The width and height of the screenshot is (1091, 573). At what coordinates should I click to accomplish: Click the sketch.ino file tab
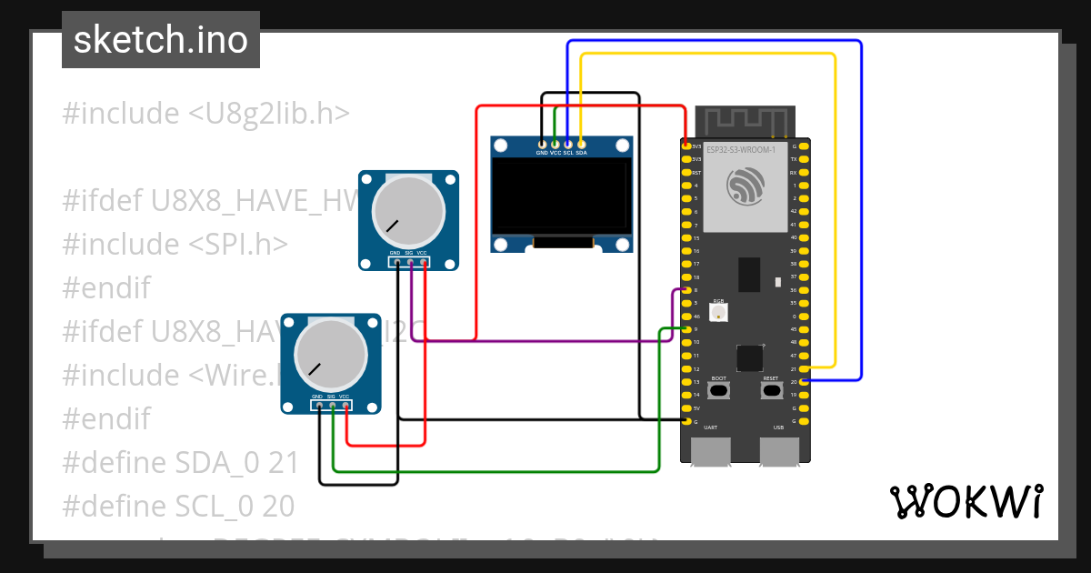coord(160,40)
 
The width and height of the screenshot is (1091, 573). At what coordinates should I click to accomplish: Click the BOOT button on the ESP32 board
coord(719,391)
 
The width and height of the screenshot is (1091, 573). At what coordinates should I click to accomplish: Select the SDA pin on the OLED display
coord(581,144)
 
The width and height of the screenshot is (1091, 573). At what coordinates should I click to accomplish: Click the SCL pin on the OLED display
coord(568,144)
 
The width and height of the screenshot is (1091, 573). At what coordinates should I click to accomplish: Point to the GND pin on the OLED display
coord(543,144)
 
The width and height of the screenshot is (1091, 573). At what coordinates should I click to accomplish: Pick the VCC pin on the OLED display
coord(556,144)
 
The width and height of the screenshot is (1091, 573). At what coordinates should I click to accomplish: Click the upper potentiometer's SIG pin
coord(410,263)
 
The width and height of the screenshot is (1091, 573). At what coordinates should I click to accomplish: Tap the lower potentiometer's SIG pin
coord(333,407)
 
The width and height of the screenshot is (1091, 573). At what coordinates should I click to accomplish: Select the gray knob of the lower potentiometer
coord(331,357)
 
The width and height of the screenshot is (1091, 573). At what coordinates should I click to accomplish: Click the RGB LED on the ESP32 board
coord(719,313)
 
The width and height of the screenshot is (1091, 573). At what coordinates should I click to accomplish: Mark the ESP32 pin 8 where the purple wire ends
coord(686,290)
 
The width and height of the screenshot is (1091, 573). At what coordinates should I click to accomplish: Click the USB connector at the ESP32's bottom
coord(778,451)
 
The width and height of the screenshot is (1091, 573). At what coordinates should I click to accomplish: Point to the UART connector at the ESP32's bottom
coord(711,451)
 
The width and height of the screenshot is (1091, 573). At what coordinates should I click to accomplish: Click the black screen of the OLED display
coord(561,197)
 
